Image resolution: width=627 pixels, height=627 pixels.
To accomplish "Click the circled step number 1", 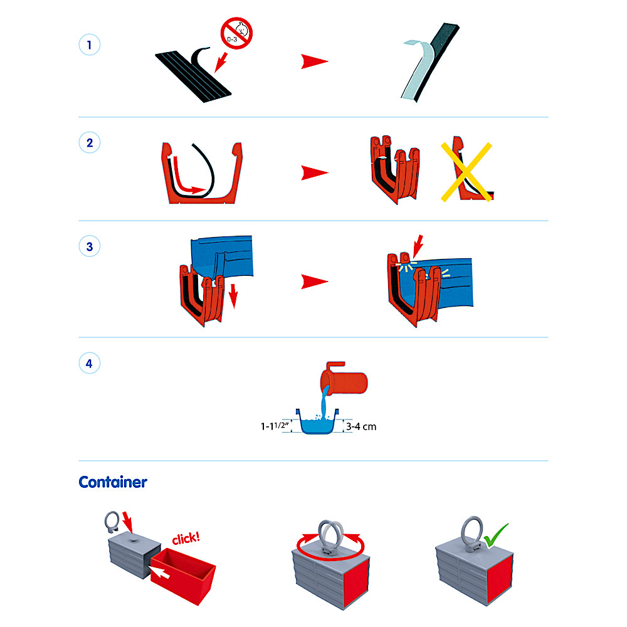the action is (x=89, y=45).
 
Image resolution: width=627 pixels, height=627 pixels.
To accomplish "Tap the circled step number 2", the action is (x=89, y=143).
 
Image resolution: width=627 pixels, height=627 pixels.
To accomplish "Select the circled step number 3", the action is (x=89, y=246).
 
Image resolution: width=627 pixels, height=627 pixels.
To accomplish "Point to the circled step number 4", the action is (x=89, y=363).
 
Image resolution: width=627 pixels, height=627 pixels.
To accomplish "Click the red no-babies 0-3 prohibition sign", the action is (x=236, y=33).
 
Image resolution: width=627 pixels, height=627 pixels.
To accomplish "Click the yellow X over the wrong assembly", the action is (x=466, y=172).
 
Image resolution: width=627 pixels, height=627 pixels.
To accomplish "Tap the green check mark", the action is (x=496, y=535).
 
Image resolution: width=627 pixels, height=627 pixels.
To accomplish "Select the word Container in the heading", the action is (x=113, y=482).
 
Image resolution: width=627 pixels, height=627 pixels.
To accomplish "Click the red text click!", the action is (x=186, y=538).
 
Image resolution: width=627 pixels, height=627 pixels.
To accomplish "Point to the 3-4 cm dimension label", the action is (x=361, y=426).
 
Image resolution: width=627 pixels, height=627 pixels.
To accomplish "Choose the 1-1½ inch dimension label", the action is (x=275, y=426).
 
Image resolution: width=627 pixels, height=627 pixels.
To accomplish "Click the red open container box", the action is (x=183, y=575).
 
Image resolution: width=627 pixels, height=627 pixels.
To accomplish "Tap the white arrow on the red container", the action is (x=159, y=571).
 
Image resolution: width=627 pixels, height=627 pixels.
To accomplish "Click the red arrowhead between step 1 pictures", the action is (x=314, y=61).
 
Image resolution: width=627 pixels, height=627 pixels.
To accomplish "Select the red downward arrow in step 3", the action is (x=233, y=297).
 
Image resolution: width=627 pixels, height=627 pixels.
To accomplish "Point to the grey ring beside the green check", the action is (x=472, y=532).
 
